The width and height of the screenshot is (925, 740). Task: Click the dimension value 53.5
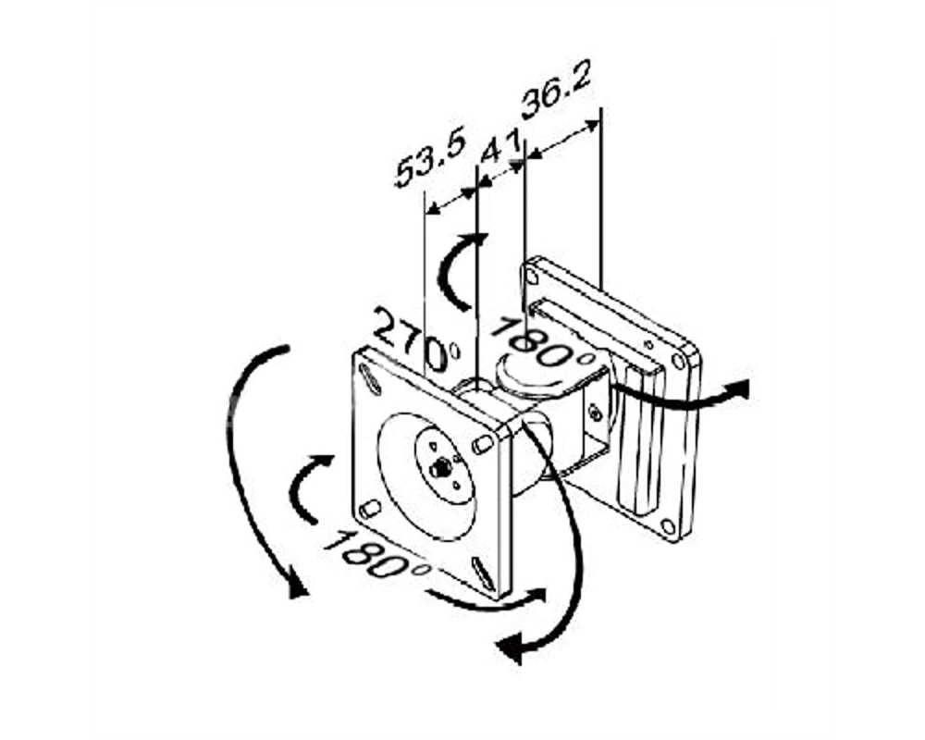[x=430, y=157]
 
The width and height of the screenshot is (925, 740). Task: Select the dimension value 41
[x=500, y=146]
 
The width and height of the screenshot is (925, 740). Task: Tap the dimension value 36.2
[x=556, y=97]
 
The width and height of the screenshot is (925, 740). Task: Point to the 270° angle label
[x=417, y=341]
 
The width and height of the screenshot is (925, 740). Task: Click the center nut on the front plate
[x=440, y=469]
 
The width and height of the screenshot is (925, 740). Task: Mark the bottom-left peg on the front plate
[x=370, y=510]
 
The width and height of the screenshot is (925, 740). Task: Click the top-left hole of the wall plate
[x=531, y=277]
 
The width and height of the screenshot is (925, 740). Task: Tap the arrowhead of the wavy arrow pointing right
[x=737, y=390]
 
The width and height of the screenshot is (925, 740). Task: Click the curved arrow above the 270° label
[x=459, y=268]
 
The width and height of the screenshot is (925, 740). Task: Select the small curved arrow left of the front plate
[x=308, y=487]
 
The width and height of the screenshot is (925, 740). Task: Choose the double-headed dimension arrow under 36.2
[x=562, y=139]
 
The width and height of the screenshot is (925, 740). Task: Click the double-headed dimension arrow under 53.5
[x=450, y=201]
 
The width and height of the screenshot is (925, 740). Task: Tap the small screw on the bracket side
[x=596, y=413]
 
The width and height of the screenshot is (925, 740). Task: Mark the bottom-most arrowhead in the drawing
[x=509, y=648]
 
